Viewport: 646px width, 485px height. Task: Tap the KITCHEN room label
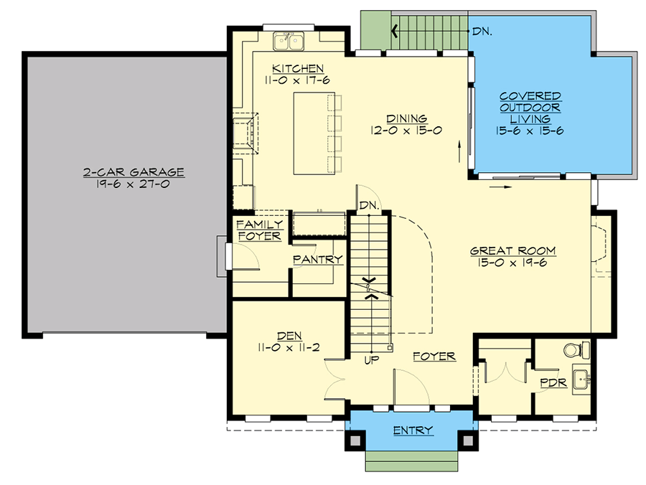pyautogui.click(x=292, y=68)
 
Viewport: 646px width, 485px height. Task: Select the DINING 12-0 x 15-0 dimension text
pyautogui.click(x=406, y=131)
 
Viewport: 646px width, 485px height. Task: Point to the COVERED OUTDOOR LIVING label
pyautogui.click(x=530, y=107)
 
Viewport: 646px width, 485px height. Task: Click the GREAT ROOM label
pyautogui.click(x=512, y=251)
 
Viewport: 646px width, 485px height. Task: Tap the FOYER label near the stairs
pyautogui.click(x=434, y=357)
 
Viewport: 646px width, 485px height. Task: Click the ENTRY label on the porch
pyautogui.click(x=413, y=430)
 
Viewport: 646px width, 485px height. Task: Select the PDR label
pyautogui.click(x=553, y=384)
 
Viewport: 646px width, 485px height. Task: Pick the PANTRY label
pyautogui.click(x=317, y=260)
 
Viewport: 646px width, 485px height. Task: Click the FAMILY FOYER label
pyautogui.click(x=259, y=230)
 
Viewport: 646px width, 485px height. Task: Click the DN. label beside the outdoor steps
pyautogui.click(x=482, y=31)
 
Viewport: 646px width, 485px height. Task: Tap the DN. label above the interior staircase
pyautogui.click(x=369, y=205)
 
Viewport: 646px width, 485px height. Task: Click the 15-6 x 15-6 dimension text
pyautogui.click(x=530, y=131)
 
